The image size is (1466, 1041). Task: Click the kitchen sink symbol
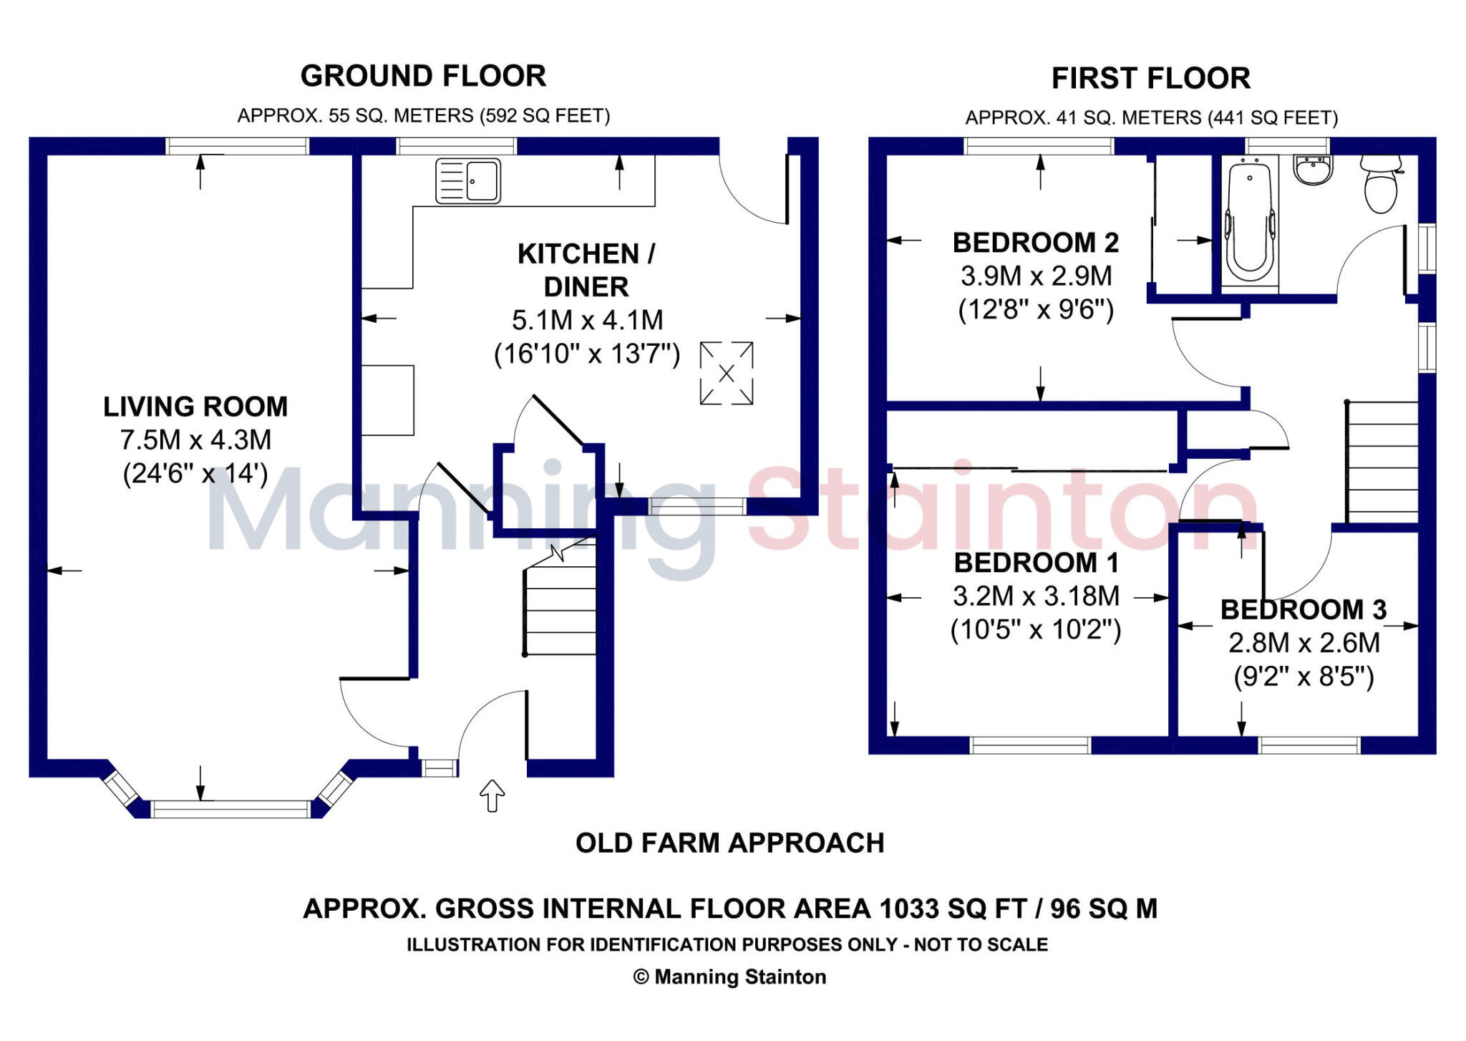click(x=468, y=180)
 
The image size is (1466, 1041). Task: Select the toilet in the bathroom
click(x=1381, y=185)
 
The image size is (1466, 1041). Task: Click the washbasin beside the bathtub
click(x=1313, y=170)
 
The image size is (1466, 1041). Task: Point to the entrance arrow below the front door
click(x=492, y=795)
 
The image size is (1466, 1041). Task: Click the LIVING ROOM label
click(x=195, y=407)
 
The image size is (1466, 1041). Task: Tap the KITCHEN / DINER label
click(x=586, y=270)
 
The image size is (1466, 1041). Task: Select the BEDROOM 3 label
click(x=1303, y=610)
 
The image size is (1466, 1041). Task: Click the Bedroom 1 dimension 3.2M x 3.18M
click(x=1036, y=596)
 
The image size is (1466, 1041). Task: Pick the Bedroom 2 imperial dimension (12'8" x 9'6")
click(x=1036, y=310)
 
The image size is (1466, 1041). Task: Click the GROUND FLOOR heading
click(x=423, y=76)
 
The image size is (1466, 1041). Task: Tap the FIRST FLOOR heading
click(x=1150, y=78)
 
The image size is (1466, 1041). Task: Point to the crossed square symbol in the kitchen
click(x=726, y=373)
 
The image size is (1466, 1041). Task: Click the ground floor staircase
click(x=560, y=609)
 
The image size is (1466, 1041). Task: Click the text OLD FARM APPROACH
click(x=729, y=843)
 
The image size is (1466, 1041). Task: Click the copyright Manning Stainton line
click(x=729, y=977)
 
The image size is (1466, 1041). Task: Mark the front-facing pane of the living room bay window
click(x=230, y=809)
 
